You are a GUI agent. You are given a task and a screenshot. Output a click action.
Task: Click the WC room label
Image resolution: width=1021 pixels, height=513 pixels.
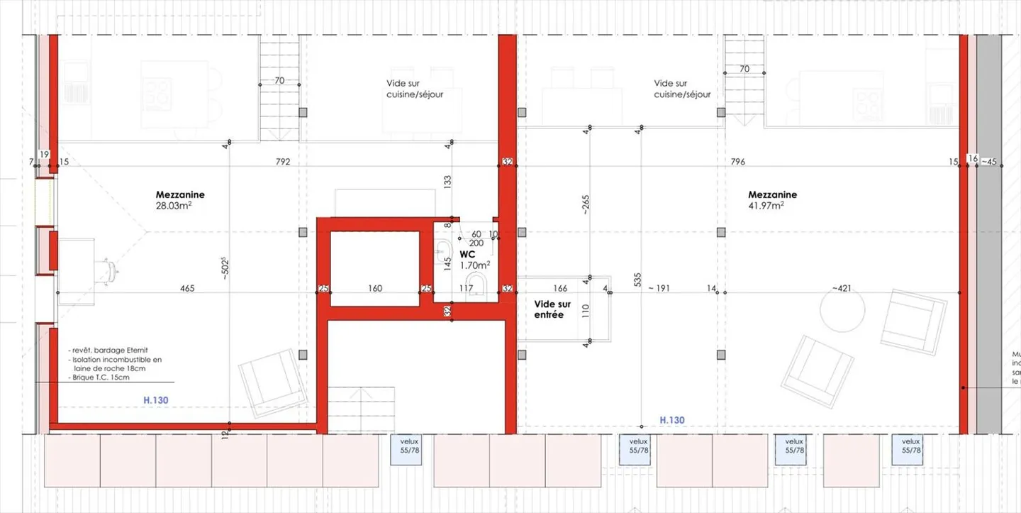(467, 253)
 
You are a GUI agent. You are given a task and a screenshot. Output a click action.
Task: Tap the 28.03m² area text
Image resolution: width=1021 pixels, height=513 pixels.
(174, 206)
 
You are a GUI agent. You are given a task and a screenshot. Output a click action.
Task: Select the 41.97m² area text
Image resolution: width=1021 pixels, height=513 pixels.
(766, 206)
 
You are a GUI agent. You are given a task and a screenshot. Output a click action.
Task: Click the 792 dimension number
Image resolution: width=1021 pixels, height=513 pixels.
(283, 162)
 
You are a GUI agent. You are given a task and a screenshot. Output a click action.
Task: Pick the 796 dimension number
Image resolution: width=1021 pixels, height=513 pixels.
(737, 162)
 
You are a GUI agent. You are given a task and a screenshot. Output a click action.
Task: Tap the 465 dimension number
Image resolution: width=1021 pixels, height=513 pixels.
(187, 288)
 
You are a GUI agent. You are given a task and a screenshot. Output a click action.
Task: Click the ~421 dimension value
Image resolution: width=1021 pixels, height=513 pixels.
(842, 288)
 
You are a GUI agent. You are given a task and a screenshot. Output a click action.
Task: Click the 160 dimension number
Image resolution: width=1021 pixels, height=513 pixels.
(375, 288)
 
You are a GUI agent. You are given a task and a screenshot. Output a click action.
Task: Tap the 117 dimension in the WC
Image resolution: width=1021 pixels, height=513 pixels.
(466, 288)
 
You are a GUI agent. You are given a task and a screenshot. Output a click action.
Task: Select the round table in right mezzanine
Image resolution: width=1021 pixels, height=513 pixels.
(843, 309)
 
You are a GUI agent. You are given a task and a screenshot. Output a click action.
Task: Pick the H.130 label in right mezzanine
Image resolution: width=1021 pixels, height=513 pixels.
(672, 420)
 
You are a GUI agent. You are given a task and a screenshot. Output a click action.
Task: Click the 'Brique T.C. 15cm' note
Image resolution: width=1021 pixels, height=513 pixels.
(101, 377)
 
